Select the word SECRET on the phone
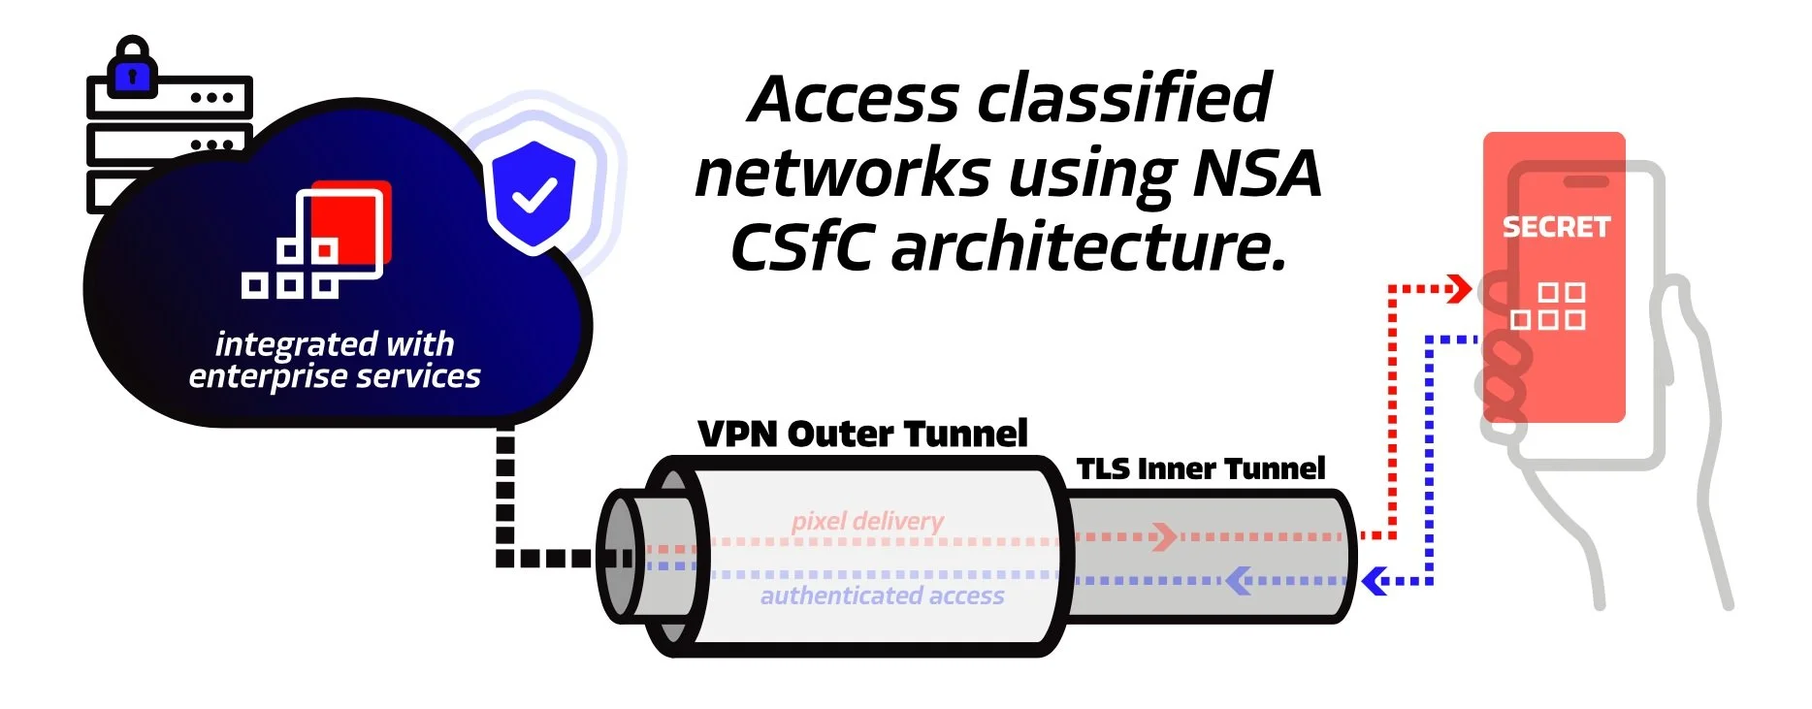1556,227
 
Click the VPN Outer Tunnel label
862,434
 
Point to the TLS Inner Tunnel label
1200,469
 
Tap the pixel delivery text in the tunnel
867,521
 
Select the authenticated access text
882,596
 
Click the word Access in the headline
855,99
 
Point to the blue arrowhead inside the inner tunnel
1237,581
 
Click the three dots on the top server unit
211,98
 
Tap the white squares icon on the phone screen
1548,306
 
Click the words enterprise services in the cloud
335,376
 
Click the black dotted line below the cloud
505,495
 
